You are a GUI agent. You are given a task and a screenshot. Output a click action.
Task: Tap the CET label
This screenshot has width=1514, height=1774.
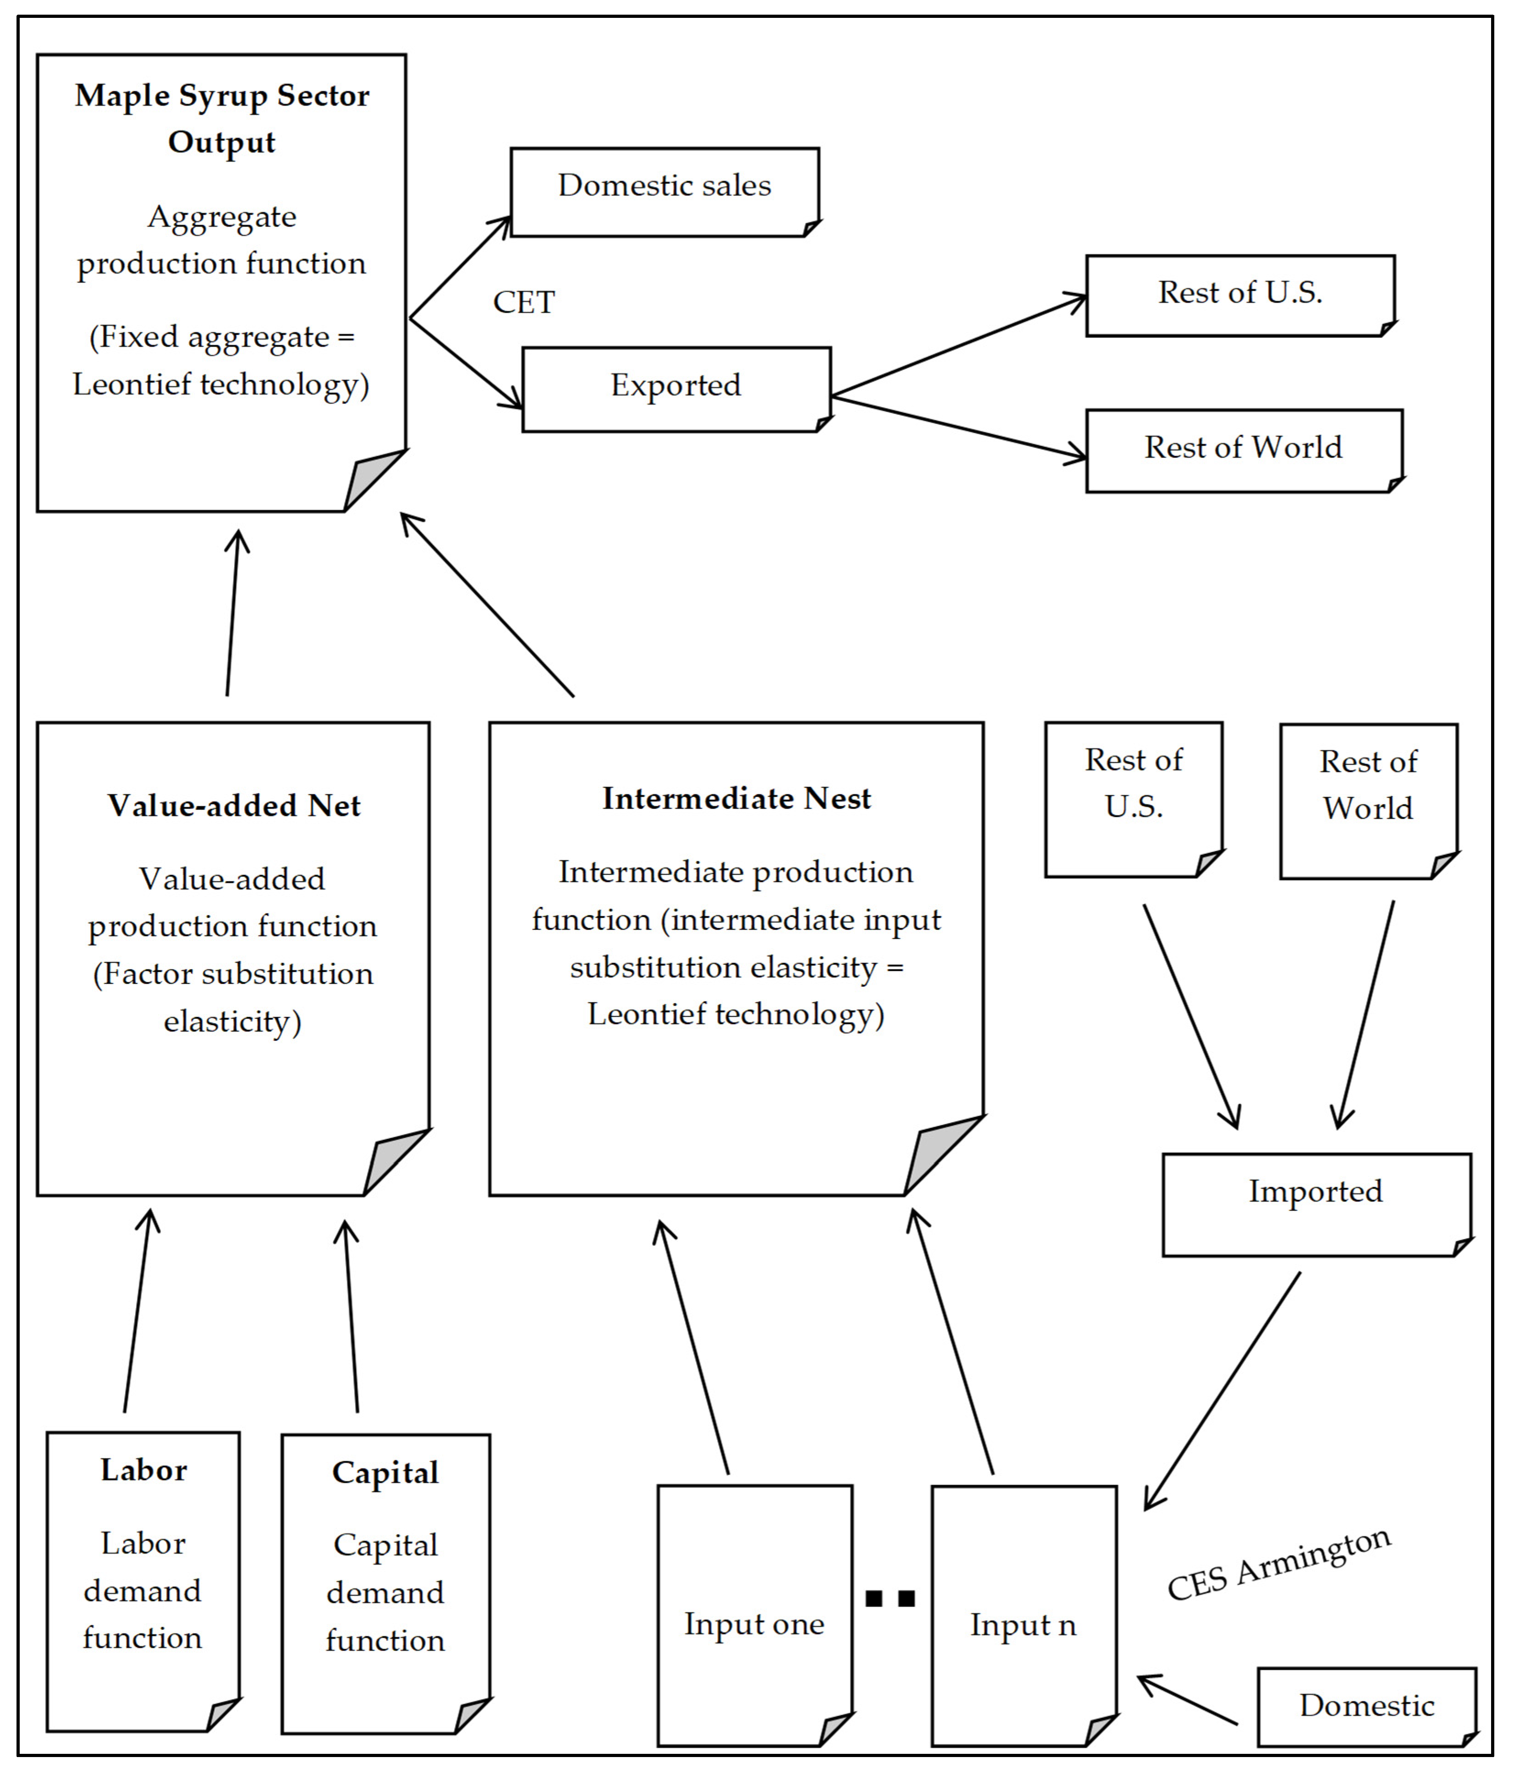point(524,302)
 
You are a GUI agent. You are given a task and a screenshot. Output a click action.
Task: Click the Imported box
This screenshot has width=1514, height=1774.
point(1316,1203)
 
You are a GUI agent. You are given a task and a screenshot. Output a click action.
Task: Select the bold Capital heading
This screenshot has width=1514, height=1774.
point(385,1472)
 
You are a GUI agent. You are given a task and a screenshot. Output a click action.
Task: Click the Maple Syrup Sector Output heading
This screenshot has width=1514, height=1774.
point(222,118)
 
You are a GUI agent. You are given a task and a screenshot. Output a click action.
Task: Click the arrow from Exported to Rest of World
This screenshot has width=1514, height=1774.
point(959,426)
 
